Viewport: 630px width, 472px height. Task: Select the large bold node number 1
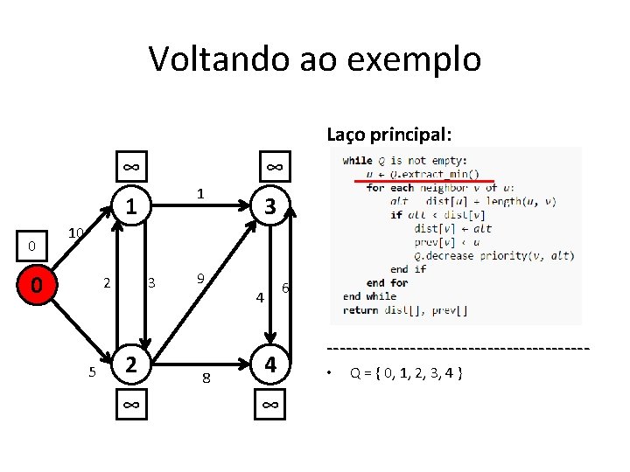pos(129,206)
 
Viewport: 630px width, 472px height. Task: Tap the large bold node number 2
pos(129,364)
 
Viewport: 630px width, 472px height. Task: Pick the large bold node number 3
pos(271,206)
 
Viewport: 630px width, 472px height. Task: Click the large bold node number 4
pos(271,364)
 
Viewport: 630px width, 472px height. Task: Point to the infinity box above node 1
pos(129,166)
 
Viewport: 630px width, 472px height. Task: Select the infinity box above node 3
pos(272,166)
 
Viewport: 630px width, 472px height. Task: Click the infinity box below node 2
pos(129,404)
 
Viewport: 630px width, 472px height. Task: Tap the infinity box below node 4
pos(271,404)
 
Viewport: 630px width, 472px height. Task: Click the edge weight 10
pos(76,233)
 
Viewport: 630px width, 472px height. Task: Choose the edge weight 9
pos(200,279)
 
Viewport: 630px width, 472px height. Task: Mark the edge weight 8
pos(206,378)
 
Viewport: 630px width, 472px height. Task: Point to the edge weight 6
pos(285,288)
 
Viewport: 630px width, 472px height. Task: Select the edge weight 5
pos(92,372)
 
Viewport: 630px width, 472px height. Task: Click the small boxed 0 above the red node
pos(31,246)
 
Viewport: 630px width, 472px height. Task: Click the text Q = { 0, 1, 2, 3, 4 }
pos(406,373)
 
